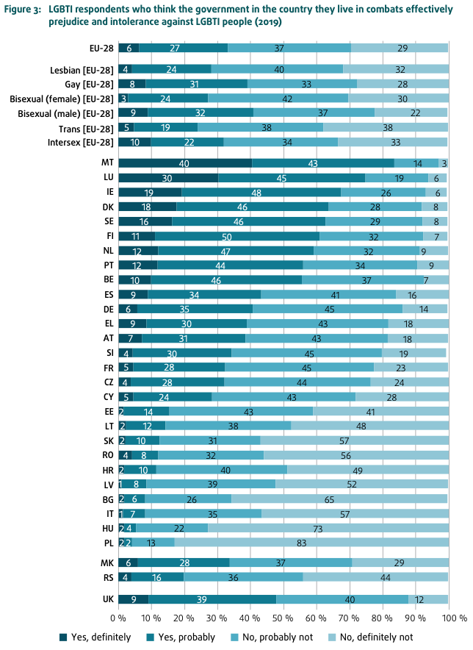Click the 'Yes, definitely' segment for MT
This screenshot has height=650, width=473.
[x=184, y=162]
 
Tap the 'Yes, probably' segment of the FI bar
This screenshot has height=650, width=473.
[x=237, y=236]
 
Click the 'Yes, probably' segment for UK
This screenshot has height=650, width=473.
[x=212, y=599]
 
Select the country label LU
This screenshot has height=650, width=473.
[x=106, y=177]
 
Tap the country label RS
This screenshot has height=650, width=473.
[x=106, y=577]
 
